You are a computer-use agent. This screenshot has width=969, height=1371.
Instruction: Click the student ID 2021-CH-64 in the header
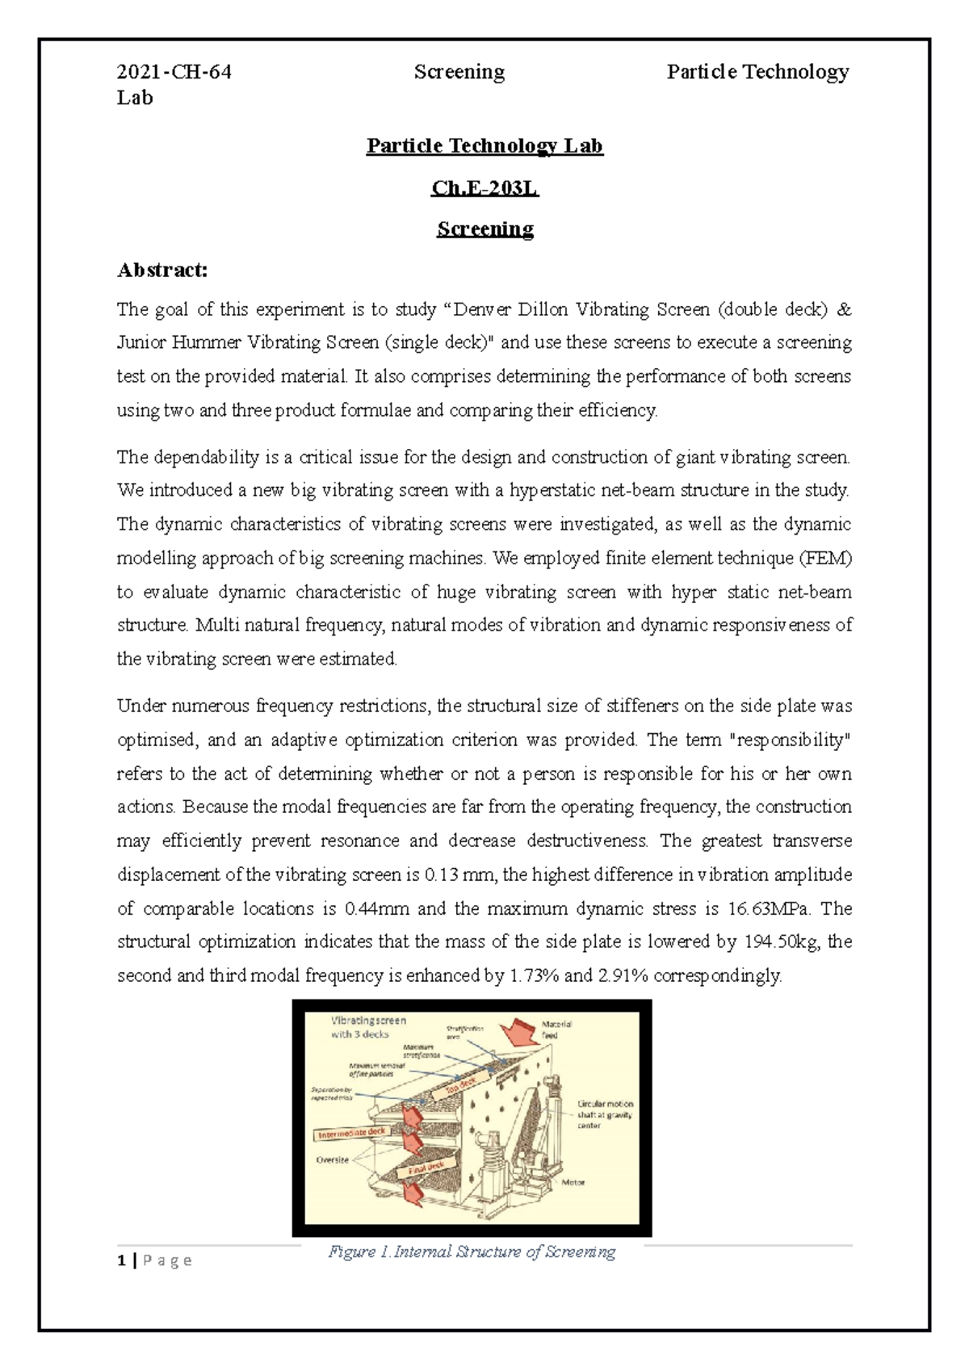174,73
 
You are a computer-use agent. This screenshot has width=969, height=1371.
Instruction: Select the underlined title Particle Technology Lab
484,146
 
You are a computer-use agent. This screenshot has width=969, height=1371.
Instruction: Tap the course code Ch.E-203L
484,188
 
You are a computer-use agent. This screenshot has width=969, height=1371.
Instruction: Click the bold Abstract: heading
162,270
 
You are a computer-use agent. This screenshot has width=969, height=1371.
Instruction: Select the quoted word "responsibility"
790,740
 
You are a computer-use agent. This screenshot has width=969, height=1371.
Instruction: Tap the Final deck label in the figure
425,1168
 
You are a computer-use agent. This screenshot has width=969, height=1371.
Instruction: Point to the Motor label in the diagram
573,1182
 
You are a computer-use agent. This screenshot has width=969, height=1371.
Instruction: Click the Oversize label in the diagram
332,1159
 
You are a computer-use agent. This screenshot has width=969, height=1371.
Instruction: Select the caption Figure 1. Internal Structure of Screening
472,1252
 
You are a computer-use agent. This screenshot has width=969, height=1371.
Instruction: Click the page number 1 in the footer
120,1261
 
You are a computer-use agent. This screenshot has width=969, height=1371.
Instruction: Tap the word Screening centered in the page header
459,73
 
